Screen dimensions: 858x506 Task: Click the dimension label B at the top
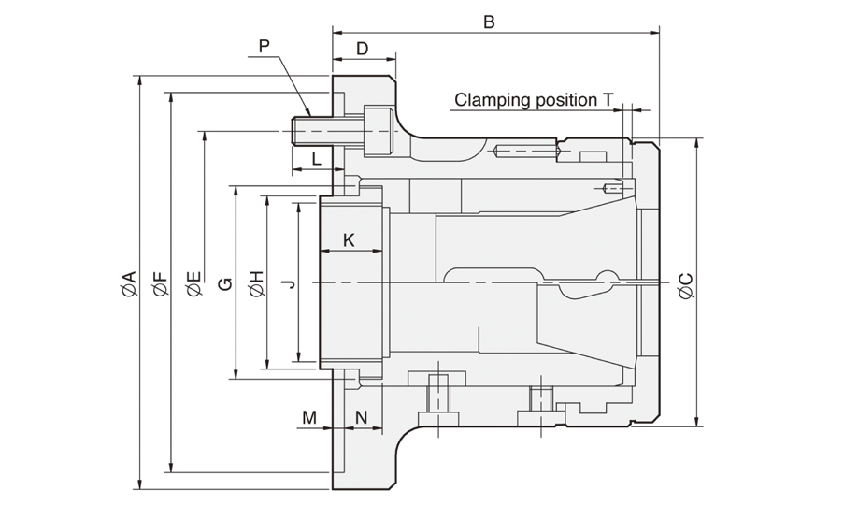pos(489,22)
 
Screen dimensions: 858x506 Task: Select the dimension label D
pos(363,49)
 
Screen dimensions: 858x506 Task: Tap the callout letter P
pos(265,46)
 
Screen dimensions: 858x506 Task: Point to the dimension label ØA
pos(129,283)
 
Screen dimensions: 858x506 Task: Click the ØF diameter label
pos(161,283)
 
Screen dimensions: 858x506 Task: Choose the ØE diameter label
pos(193,283)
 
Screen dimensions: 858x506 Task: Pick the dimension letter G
pos(225,283)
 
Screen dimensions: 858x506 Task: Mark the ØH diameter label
pos(257,283)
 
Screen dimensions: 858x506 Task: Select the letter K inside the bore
pos(349,239)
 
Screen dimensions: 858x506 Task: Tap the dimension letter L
pos(316,159)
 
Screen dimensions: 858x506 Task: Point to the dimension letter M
pos(309,418)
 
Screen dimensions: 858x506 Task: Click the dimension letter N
pos(361,418)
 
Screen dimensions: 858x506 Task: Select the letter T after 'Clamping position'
pos(608,100)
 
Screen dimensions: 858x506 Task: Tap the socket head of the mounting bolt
pos(379,132)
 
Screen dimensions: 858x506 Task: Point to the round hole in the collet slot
pos(607,280)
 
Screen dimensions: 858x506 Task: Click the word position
pos(565,101)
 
